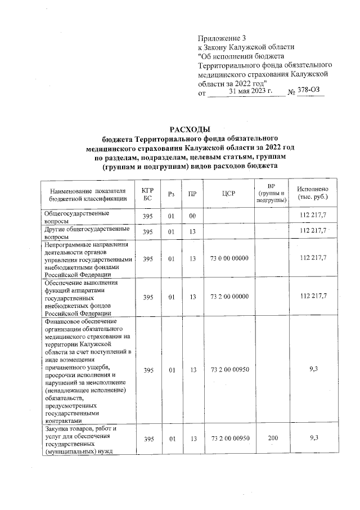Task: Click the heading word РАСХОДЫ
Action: click(186, 129)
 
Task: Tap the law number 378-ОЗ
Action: click(310, 91)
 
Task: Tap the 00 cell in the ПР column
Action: click(192, 216)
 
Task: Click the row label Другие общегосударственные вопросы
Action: click(83, 232)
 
